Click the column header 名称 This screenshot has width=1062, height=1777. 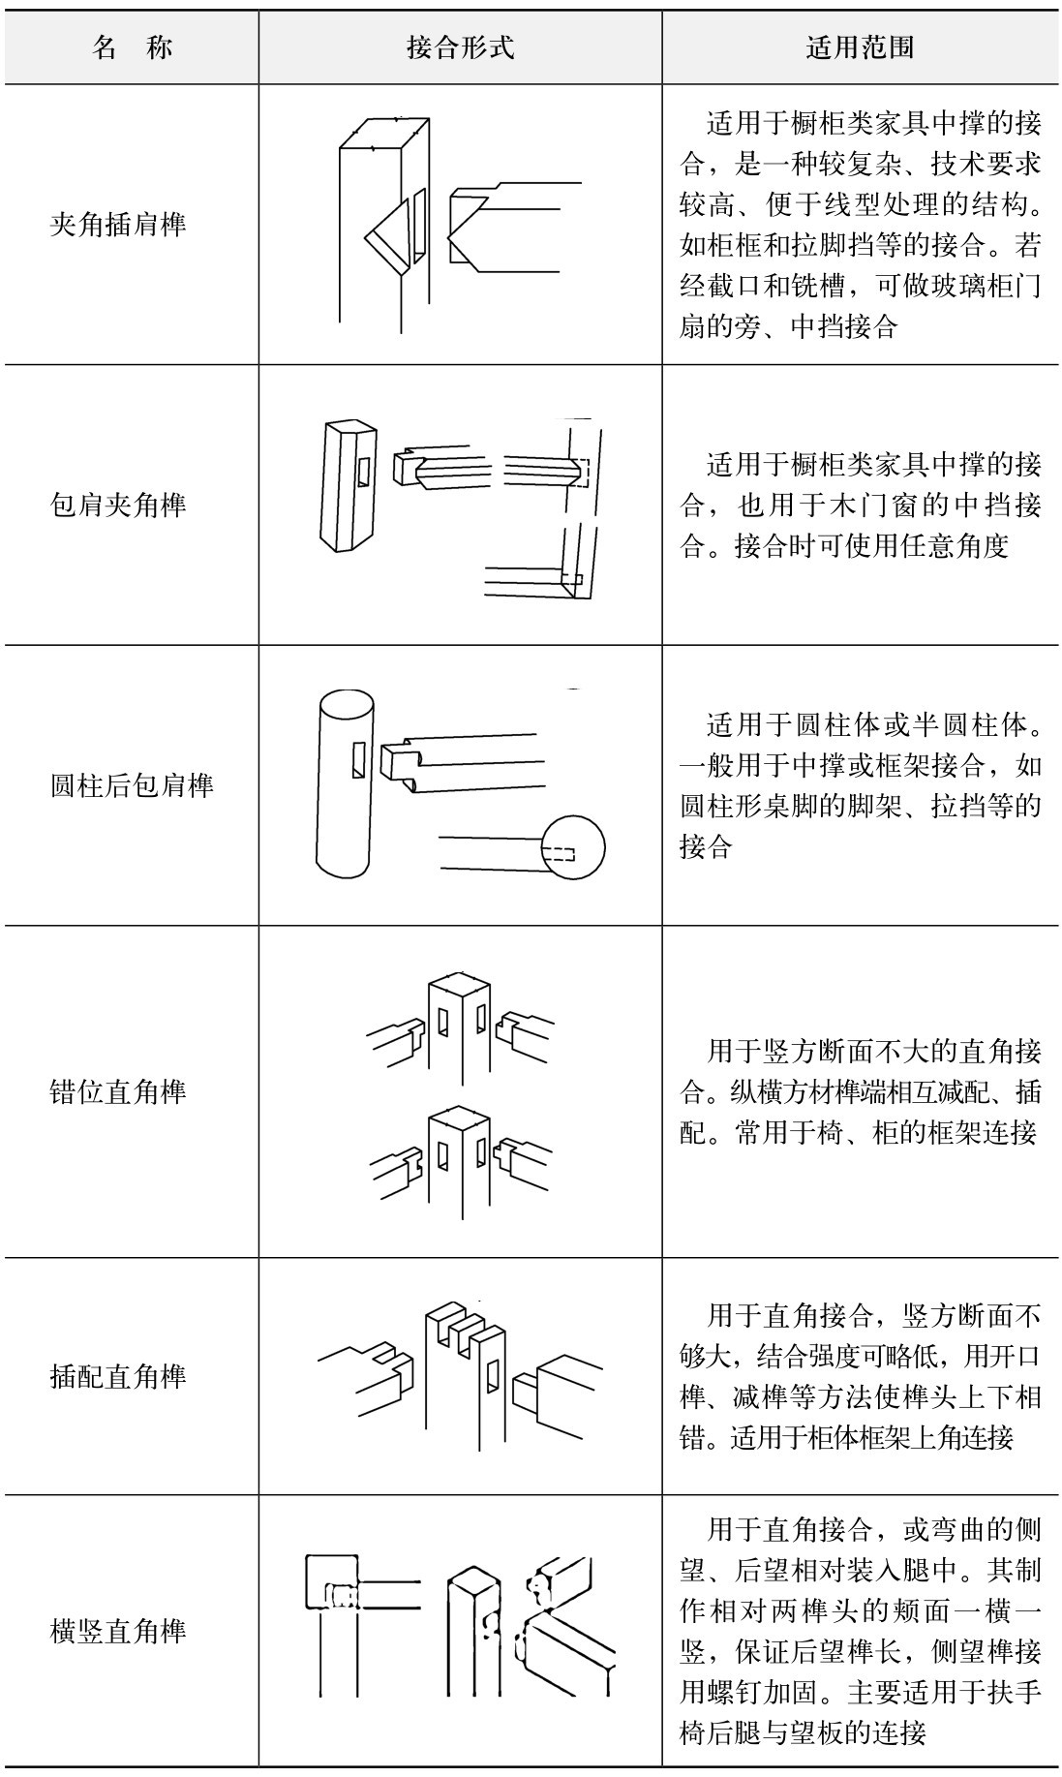pyautogui.click(x=133, y=47)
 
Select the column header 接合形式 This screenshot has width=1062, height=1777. pyautogui.click(x=460, y=47)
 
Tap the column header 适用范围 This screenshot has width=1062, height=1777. pyautogui.click(x=860, y=47)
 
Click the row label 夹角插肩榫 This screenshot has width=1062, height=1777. pyautogui.click(x=118, y=226)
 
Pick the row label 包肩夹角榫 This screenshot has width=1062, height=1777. pyautogui.click(x=118, y=505)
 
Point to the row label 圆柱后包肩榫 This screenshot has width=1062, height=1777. pyautogui.click(x=132, y=784)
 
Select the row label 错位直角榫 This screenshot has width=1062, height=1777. pyautogui.click(x=118, y=1091)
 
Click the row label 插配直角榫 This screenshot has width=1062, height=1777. pyautogui.click(x=118, y=1376)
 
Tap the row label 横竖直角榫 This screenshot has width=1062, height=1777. pyautogui.click(x=118, y=1632)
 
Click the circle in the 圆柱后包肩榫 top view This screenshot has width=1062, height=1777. pyautogui.click(x=573, y=848)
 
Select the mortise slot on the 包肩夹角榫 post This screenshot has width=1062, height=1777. pyautogui.click(x=362, y=470)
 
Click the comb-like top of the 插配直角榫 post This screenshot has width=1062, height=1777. pyautogui.click(x=465, y=1323)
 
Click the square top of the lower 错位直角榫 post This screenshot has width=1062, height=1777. pyautogui.click(x=458, y=1121)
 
